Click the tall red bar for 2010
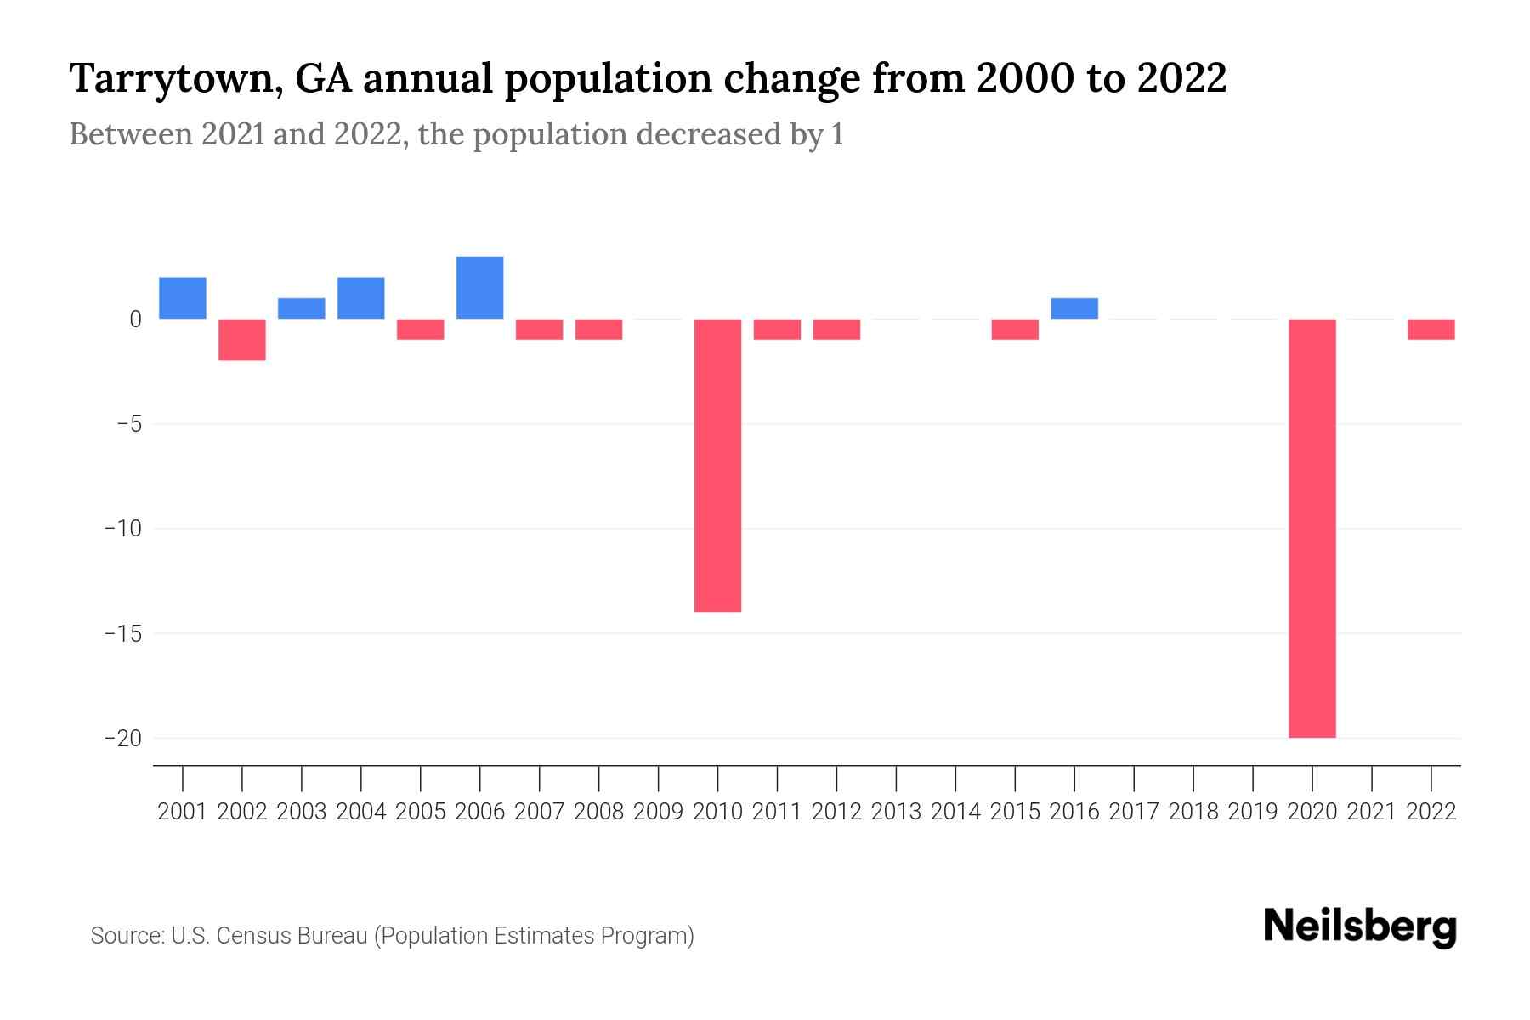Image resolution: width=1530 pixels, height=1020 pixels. pos(717,465)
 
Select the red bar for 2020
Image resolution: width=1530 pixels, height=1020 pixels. pos(1312,528)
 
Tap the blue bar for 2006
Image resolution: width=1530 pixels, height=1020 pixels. pos(480,287)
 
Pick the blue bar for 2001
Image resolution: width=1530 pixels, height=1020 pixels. pos(183,298)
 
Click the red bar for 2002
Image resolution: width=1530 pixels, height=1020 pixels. pos(242,339)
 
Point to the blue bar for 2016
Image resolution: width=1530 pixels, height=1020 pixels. pos(1074,309)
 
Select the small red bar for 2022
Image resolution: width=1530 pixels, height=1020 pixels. pos(1431,329)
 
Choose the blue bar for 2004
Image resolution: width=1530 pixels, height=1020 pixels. pos(361,298)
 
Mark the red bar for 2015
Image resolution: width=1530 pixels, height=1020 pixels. pos(1015,329)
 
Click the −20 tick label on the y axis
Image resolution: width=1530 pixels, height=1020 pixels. pos(122,738)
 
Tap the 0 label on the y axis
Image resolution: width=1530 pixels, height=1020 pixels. pos(135,320)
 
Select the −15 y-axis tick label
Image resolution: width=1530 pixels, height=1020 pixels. pos(122,633)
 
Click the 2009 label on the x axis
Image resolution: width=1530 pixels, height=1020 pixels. pos(659,812)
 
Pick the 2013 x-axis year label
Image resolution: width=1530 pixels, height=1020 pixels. pos(896,812)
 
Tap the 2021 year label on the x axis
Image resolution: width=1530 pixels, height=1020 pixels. pos(1371,812)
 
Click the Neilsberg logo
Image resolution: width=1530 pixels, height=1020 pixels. pos(1359,926)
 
